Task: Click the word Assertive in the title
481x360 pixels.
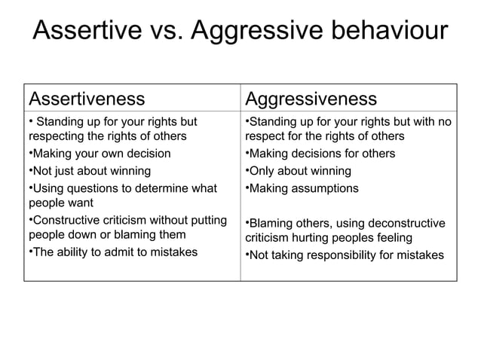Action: pos(89,32)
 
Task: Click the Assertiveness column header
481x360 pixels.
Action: pos(86,99)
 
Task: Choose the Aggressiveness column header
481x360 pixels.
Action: pos(311,99)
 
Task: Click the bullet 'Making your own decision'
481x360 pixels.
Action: pos(100,154)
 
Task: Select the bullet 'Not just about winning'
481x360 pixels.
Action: pos(90,171)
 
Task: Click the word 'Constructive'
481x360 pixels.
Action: pos(64,220)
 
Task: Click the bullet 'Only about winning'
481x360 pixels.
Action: pos(299,171)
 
